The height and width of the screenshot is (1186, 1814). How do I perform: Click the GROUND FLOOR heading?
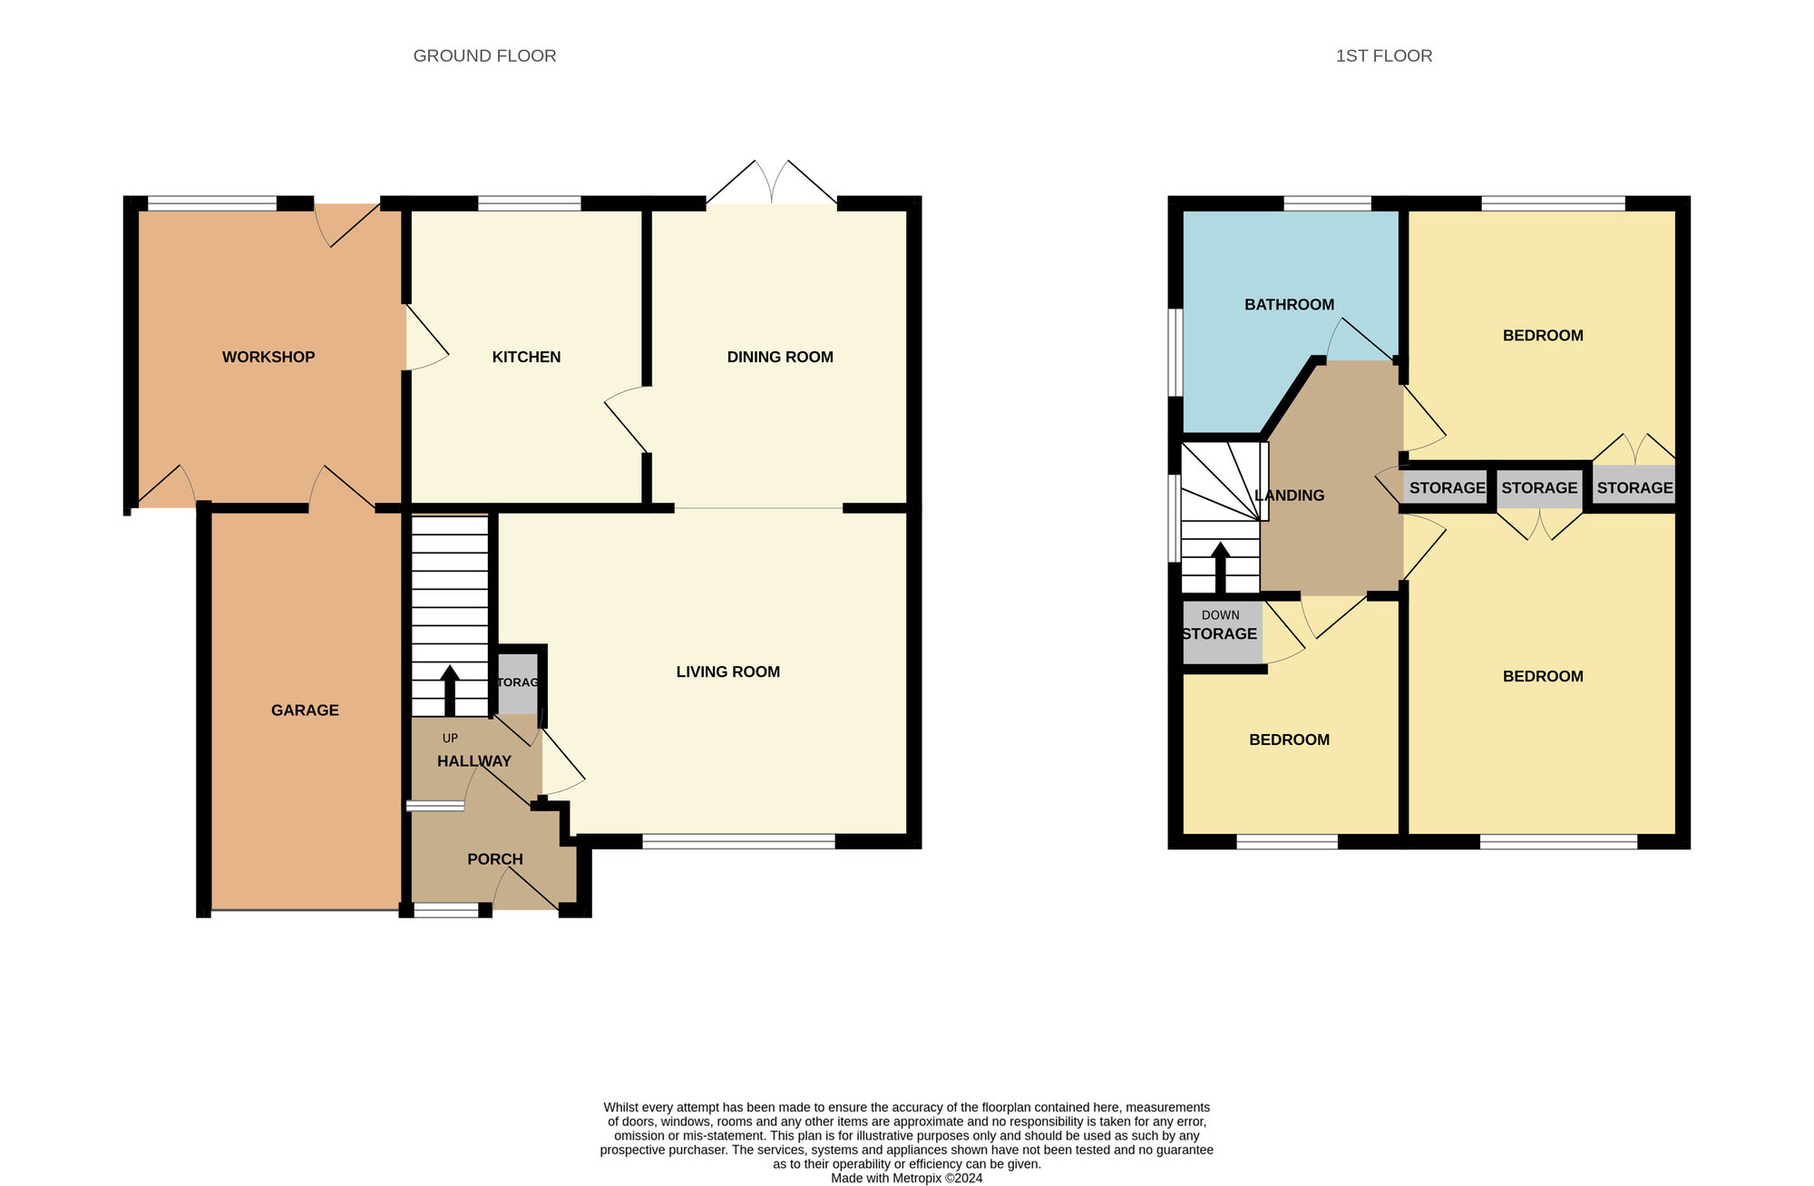point(484,56)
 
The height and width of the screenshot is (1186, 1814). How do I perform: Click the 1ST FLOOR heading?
point(1383,56)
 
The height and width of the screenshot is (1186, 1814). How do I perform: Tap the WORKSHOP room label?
point(268,358)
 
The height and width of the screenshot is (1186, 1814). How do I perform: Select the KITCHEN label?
point(526,358)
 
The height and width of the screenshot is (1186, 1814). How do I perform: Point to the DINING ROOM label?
point(780,358)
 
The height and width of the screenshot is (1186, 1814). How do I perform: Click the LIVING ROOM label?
point(727,672)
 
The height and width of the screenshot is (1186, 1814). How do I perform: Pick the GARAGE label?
point(305,711)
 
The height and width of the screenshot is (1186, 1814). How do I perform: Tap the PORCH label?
point(494,859)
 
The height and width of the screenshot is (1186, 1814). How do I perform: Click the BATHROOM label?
point(1289,305)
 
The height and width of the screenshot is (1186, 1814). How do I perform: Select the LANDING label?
point(1289,495)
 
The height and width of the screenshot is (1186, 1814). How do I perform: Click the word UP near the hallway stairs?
point(450,739)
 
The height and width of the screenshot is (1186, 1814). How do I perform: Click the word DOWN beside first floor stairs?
point(1220,615)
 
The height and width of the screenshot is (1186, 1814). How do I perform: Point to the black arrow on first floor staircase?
point(1220,567)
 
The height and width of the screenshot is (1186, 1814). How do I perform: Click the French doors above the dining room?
point(772,183)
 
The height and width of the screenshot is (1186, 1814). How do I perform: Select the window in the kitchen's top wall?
point(529,204)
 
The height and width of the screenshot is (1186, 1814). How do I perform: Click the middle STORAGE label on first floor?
point(1539,488)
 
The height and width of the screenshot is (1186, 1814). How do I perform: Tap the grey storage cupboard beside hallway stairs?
point(518,683)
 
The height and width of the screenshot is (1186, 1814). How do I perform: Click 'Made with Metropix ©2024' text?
point(906,1179)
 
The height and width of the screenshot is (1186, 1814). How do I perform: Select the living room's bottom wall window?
point(738,842)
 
